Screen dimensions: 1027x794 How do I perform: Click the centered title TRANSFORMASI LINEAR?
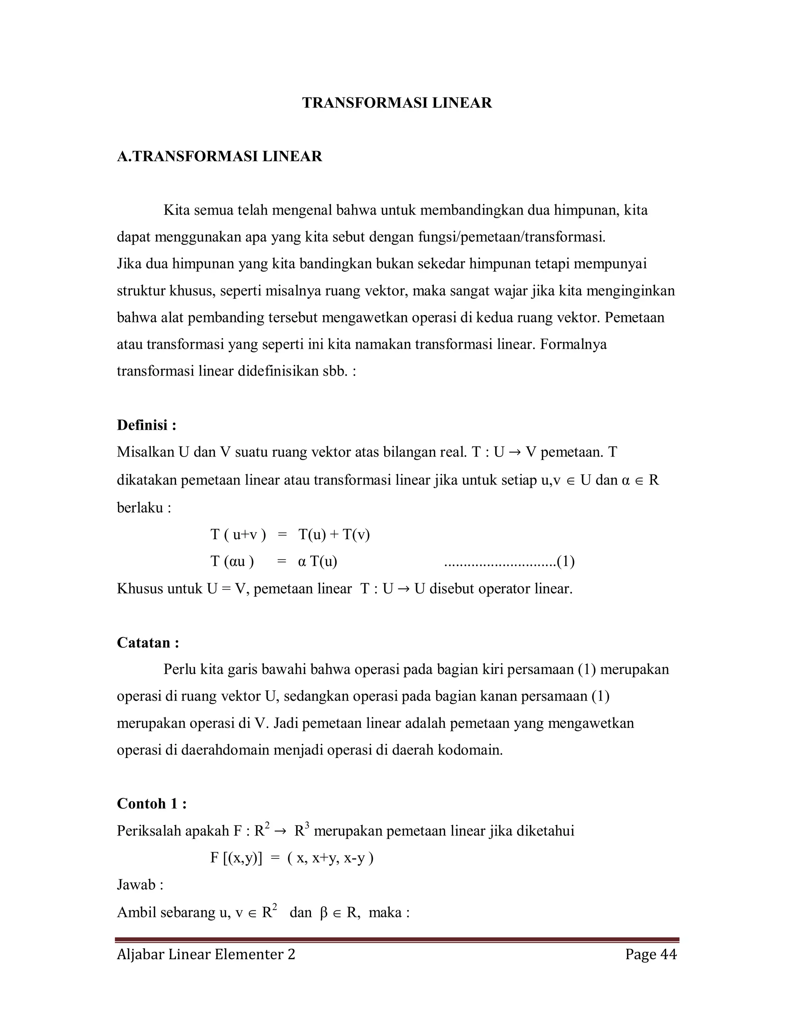click(397, 103)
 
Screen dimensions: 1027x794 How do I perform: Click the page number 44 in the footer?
click(668, 954)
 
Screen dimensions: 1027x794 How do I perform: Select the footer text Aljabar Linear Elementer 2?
click(205, 954)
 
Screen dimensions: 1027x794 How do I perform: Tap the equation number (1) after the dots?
click(565, 562)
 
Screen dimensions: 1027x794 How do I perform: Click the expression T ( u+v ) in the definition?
click(238, 535)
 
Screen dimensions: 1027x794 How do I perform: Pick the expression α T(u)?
click(318, 562)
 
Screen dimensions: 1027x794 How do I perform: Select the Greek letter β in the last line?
click(323, 913)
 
